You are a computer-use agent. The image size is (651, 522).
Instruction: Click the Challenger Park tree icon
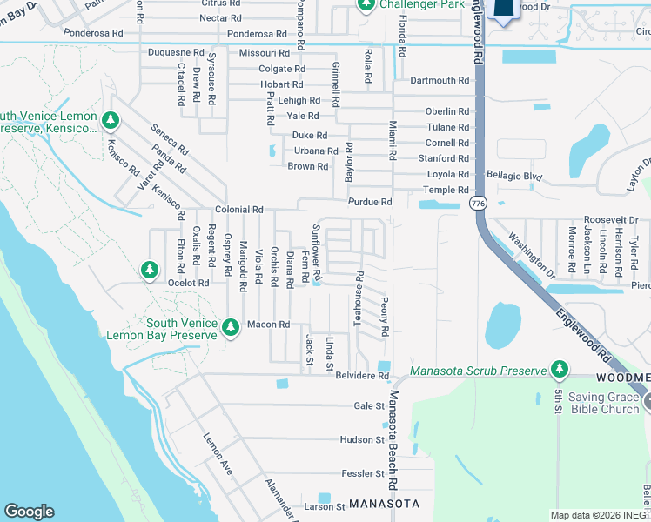tap(366, 4)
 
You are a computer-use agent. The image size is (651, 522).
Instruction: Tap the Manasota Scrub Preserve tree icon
tap(559, 370)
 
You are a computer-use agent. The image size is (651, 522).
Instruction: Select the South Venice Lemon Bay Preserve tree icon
tap(230, 327)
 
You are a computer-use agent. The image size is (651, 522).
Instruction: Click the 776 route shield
tap(477, 203)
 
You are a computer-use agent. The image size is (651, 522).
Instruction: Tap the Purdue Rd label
tap(370, 202)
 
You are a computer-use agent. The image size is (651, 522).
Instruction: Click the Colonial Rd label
tap(239, 210)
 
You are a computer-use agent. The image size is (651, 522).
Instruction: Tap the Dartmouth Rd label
tap(440, 81)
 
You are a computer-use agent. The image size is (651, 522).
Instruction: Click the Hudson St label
tap(362, 440)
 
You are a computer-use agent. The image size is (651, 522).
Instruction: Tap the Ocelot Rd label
tap(189, 283)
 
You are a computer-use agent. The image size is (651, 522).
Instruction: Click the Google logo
tap(30, 512)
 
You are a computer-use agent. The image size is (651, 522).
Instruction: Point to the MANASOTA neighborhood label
tap(384, 505)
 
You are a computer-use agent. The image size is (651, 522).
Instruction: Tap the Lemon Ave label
tap(218, 449)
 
